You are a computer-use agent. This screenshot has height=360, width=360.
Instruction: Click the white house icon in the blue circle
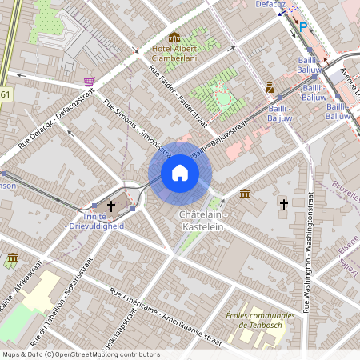[x=180, y=173]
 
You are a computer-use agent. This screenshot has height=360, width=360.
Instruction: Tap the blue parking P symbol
[x=303, y=26]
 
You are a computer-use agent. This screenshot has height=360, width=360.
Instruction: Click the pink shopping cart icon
[x=89, y=82]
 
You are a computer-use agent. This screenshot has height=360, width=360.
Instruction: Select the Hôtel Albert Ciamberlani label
[x=175, y=52]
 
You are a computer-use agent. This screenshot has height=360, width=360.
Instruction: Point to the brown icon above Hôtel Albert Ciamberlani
[x=174, y=37]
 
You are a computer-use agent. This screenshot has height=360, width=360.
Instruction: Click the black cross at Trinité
[x=111, y=206]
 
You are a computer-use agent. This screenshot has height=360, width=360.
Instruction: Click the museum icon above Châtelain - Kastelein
[x=244, y=194]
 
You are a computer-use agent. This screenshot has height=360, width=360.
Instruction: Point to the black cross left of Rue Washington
[x=282, y=205]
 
